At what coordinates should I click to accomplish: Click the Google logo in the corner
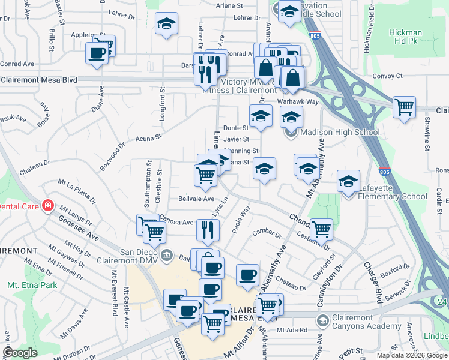[x=20, y=353]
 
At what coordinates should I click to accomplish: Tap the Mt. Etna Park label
[x=32, y=285]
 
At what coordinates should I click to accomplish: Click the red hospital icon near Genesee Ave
[x=47, y=206]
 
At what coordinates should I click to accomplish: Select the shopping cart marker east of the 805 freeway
[x=405, y=107]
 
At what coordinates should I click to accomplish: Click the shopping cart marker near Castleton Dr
[x=321, y=229]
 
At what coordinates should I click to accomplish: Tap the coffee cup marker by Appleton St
[x=97, y=53]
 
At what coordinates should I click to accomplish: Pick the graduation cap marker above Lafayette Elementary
[x=348, y=180]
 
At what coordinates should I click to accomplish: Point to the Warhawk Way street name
[x=297, y=102]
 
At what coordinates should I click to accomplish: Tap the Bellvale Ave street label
[x=196, y=199]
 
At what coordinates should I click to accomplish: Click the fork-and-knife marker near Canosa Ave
[x=205, y=229]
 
